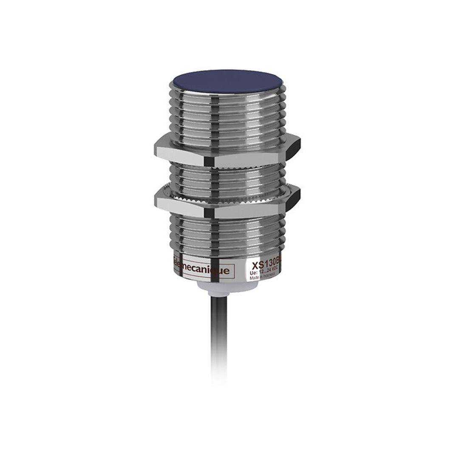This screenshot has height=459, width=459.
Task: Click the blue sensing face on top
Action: pos(227,81)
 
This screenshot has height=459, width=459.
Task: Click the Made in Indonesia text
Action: pos(263,277)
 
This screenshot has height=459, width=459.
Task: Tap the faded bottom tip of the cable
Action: pos(219,374)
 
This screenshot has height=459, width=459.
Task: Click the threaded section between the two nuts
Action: pos(227,178)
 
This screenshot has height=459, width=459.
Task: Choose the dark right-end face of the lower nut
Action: pos(293,199)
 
